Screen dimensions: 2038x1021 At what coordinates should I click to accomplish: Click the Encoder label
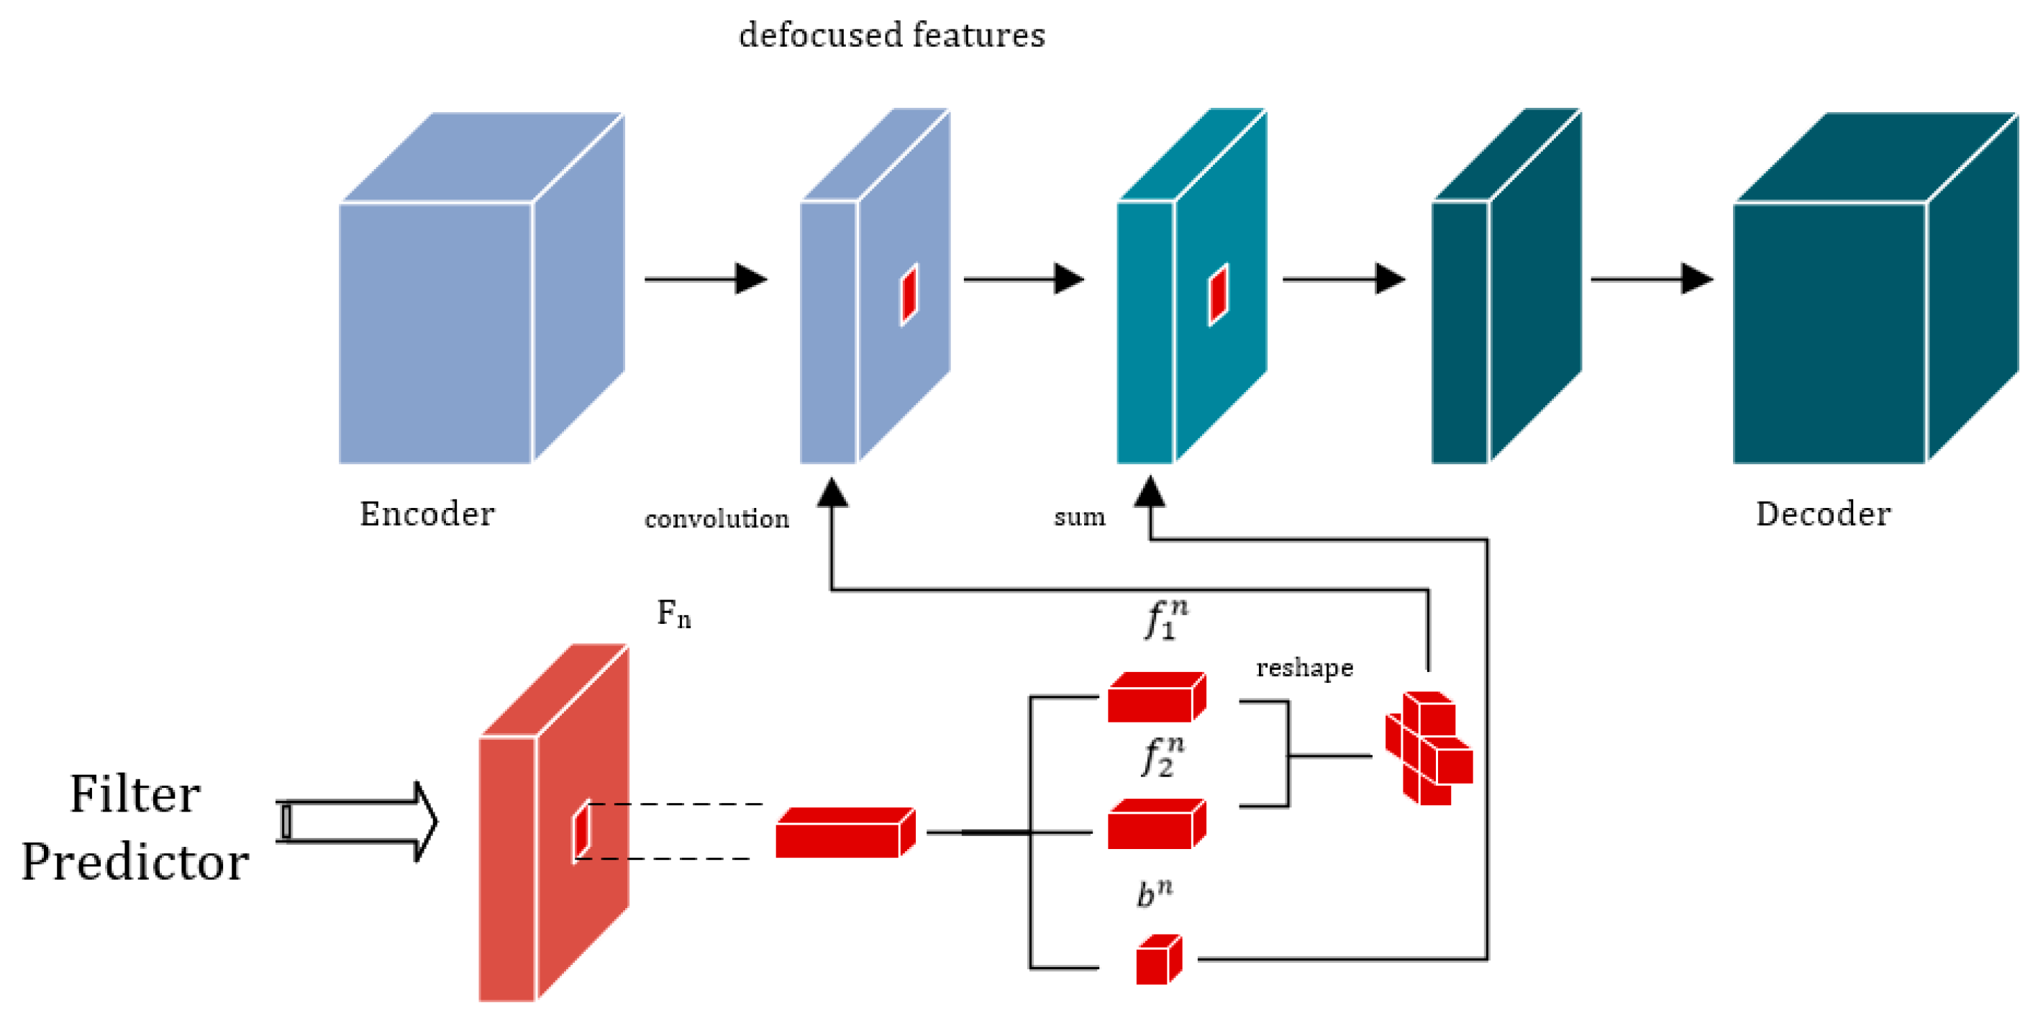point(427,514)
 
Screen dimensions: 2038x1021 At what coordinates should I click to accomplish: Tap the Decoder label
point(1823,514)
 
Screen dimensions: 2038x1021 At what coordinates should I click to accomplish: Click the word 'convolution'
point(717,519)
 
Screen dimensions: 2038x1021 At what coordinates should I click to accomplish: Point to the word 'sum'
point(1079,517)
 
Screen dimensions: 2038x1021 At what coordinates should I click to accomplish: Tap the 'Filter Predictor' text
point(135,828)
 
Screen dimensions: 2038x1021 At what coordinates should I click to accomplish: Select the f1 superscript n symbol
point(1166,619)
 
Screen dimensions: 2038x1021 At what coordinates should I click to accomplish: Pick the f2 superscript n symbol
point(1163,757)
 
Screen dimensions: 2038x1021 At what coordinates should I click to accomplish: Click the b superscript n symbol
point(1155,894)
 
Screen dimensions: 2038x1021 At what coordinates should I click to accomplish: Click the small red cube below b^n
point(1159,959)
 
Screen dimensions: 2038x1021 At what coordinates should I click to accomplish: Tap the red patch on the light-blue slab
point(909,294)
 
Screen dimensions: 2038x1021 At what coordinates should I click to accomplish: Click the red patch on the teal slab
point(1218,294)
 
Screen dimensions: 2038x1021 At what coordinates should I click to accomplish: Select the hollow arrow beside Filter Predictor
point(357,822)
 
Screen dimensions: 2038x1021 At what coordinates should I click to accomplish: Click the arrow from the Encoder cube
point(706,278)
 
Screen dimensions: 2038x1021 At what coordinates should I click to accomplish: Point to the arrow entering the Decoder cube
point(1652,278)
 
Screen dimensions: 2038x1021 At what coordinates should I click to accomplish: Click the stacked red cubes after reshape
point(1429,748)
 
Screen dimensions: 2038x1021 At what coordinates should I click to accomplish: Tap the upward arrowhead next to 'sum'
point(1150,491)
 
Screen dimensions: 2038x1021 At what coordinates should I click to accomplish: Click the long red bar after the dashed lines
point(845,832)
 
